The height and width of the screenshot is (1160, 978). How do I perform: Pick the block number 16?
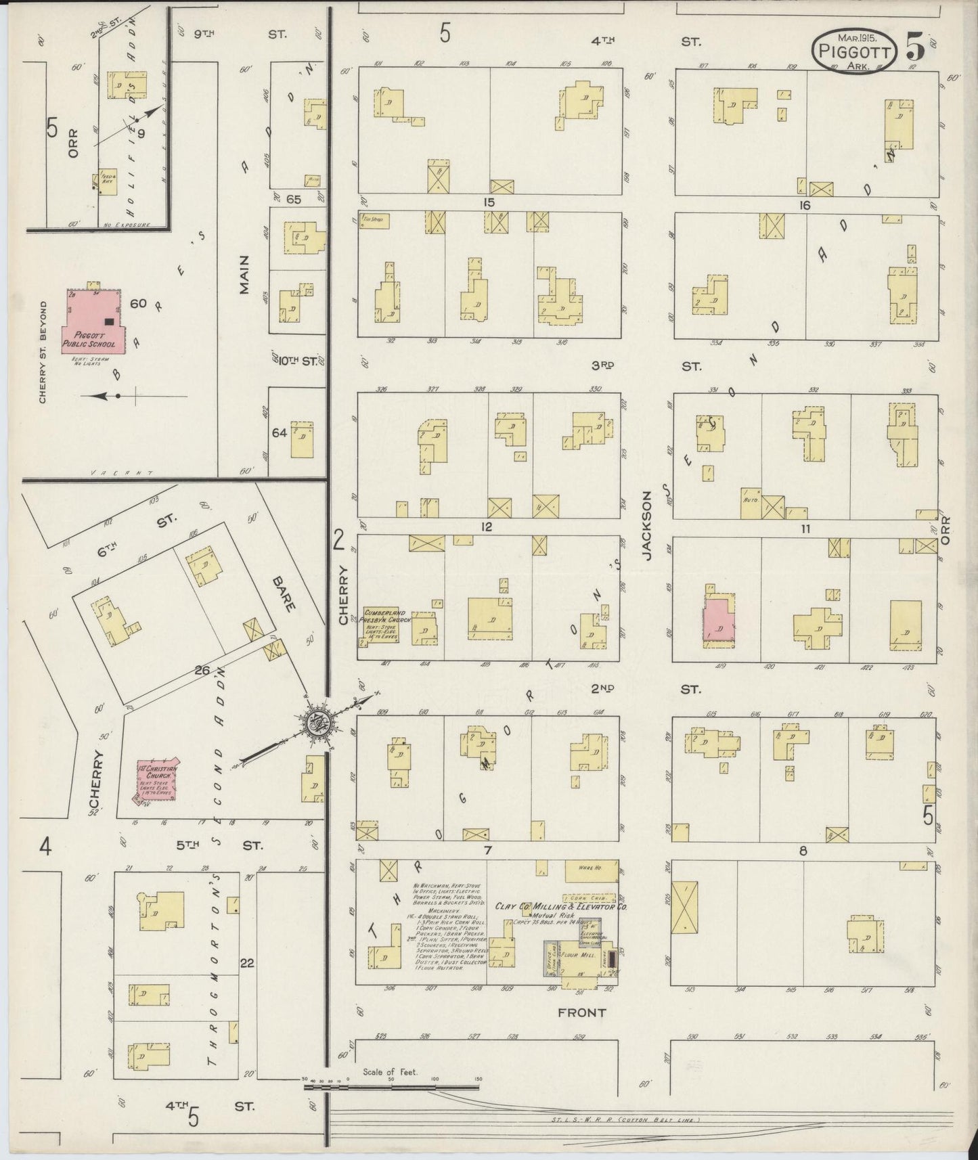pyautogui.click(x=804, y=205)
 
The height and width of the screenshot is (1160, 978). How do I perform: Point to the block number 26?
pyautogui.click(x=202, y=671)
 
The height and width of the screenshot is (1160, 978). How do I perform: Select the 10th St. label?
pyautogui.click(x=298, y=361)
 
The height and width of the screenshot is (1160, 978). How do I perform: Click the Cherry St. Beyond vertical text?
pyautogui.click(x=42, y=352)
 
